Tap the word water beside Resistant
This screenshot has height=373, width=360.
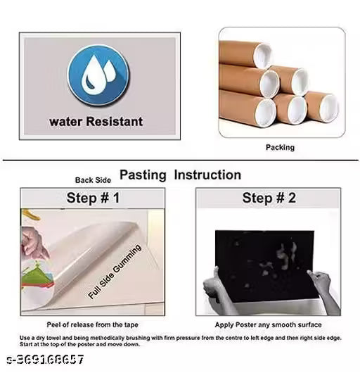pyautogui.click(x=65, y=121)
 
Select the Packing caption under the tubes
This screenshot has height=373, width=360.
pyautogui.click(x=279, y=147)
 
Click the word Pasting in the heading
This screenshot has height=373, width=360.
pyautogui.click(x=143, y=175)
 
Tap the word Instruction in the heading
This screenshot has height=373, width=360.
pyautogui.click(x=207, y=175)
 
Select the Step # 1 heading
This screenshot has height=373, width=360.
pyautogui.click(x=92, y=198)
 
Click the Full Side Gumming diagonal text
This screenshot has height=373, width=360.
pyautogui.click(x=115, y=272)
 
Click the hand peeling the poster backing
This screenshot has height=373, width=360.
pyautogui.click(x=34, y=244)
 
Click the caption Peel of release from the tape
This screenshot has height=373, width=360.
pyautogui.click(x=92, y=324)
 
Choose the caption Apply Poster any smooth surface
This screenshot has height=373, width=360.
pyautogui.click(x=267, y=324)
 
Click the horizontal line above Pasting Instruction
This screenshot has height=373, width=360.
pyautogui.click(x=180, y=161)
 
